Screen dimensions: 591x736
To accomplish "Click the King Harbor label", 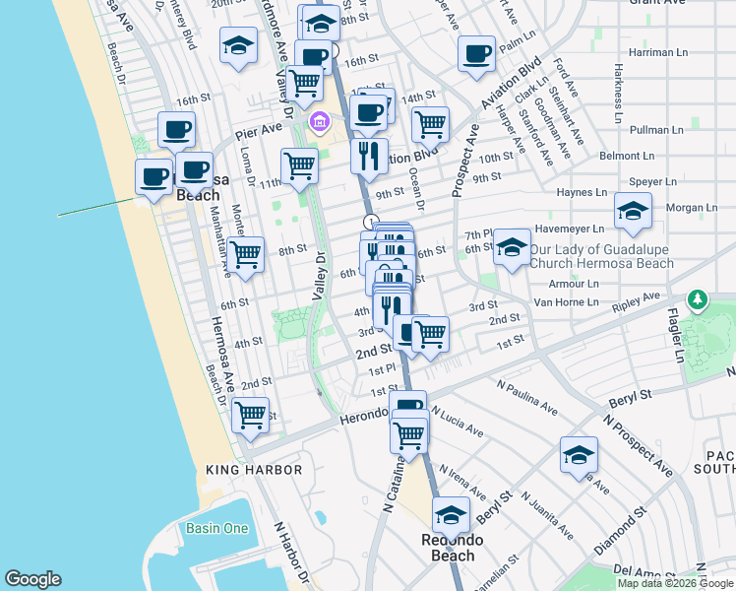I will pos(254,470).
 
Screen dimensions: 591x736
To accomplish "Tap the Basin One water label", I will pos(217,528).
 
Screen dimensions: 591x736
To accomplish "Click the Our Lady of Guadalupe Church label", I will pos(601,256).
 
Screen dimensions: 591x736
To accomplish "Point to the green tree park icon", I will pos(698,297).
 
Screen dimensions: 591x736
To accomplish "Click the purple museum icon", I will pos(318,122).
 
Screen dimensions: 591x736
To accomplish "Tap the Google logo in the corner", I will pos(32,579).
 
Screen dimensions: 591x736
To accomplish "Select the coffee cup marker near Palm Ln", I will pos(477,53).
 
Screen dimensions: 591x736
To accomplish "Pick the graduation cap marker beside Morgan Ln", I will pos(633,210).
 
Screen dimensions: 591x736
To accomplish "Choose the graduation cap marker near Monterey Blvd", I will pos(237,46).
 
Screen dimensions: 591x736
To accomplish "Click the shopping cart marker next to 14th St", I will pos(430,124).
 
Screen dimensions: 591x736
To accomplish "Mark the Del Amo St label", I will pos(640,570).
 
